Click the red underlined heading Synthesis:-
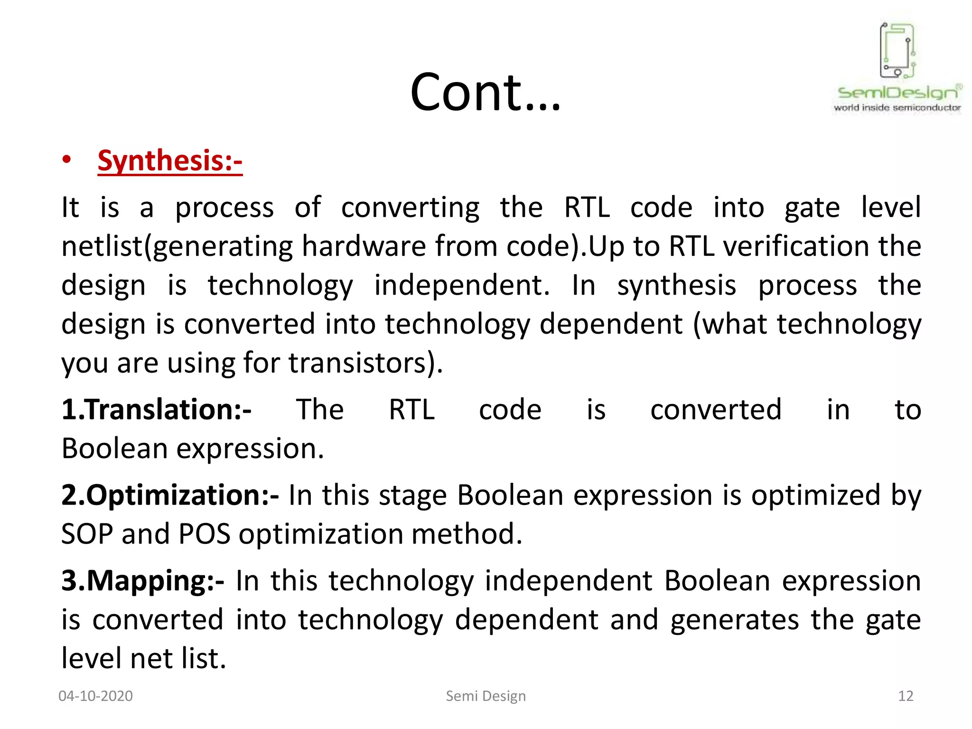[170, 161]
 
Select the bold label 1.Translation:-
[156, 410]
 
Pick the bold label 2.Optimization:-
[170, 495]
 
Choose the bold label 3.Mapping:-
[143, 580]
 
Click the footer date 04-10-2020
[95, 696]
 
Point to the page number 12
[906, 696]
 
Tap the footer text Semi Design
[486, 696]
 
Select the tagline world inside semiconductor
[897, 108]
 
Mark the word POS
[204, 534]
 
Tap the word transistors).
[365, 363]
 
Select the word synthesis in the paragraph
[676, 286]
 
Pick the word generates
[735, 620]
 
